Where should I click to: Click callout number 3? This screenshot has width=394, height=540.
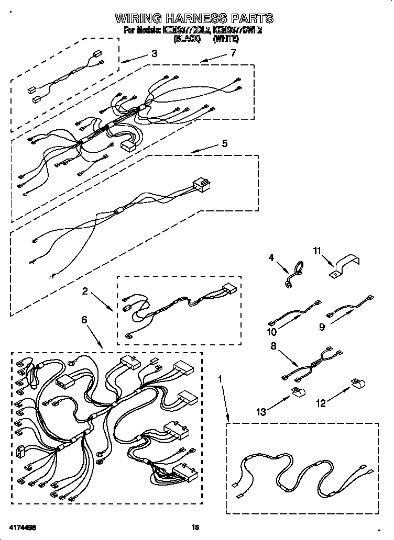tap(154, 53)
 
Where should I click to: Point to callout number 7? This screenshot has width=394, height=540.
tap(233, 53)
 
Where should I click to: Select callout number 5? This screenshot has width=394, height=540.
tap(224, 143)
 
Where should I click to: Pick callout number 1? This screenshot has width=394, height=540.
tap(221, 378)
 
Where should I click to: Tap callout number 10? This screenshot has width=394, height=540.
tap(271, 332)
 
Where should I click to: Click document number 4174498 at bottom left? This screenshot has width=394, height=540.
tap(22, 527)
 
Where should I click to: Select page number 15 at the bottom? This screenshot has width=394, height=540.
tap(195, 527)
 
